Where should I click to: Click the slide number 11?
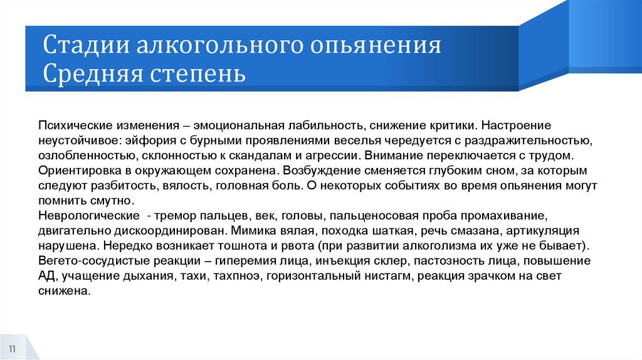12,348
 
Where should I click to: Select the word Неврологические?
83,216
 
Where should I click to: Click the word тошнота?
240,246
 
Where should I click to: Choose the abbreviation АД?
46,276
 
